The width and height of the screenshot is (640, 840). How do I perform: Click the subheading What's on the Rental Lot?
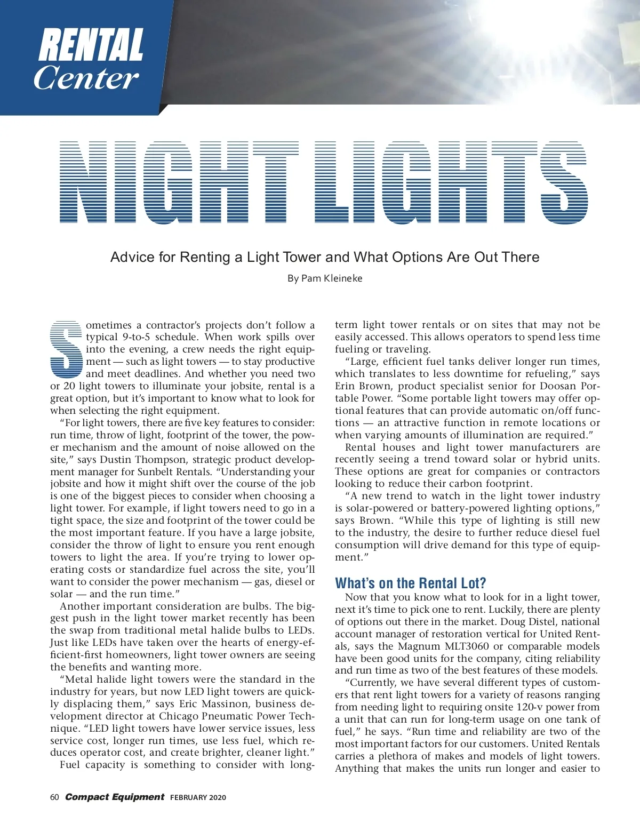coord(410,583)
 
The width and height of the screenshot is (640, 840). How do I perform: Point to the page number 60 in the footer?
coord(54,797)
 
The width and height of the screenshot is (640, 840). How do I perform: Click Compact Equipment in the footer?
coord(114,797)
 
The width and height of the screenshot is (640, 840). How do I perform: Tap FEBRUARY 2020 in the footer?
coord(198,798)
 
